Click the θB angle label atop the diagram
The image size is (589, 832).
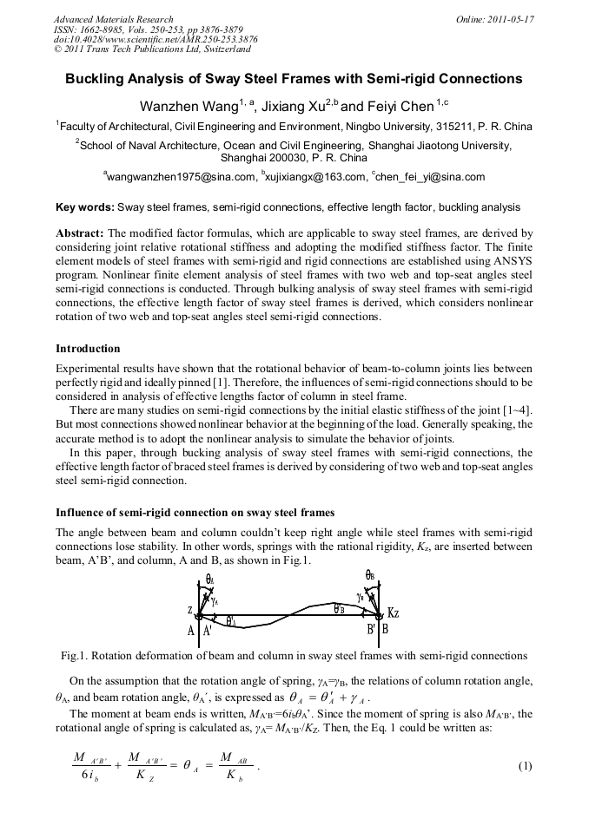(x=369, y=574)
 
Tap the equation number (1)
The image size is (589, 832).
(x=524, y=766)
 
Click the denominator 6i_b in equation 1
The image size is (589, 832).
(x=86, y=776)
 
